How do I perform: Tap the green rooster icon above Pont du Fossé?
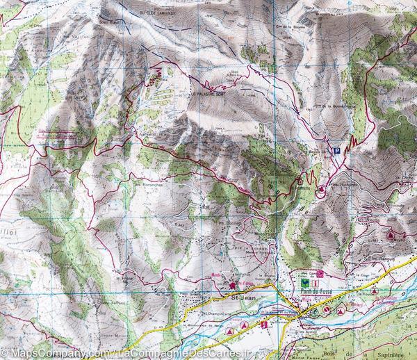304,283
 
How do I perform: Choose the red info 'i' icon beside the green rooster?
316,283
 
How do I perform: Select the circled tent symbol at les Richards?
322,190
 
